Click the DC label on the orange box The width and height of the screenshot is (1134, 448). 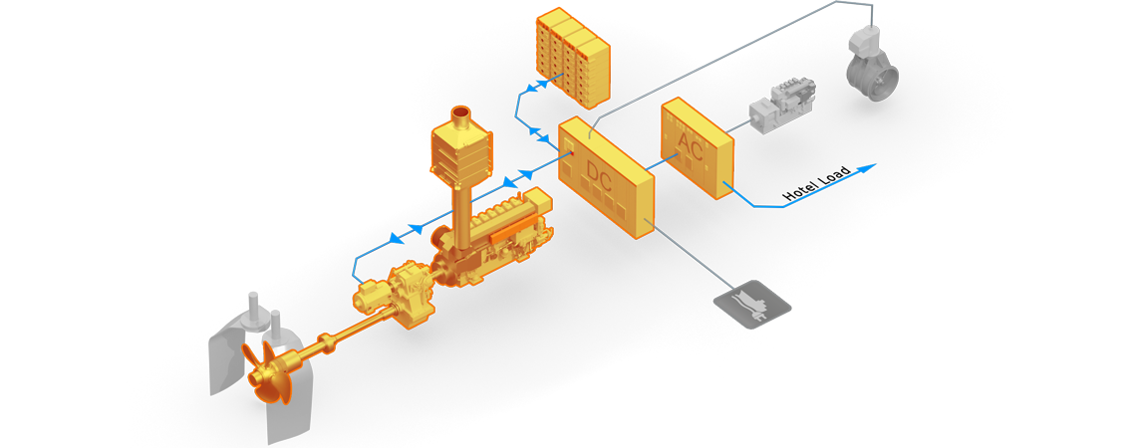point(600,176)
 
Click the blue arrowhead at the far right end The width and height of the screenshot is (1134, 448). point(869,166)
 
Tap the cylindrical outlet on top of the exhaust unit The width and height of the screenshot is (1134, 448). point(461,118)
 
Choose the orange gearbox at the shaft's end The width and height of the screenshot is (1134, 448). point(395,294)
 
